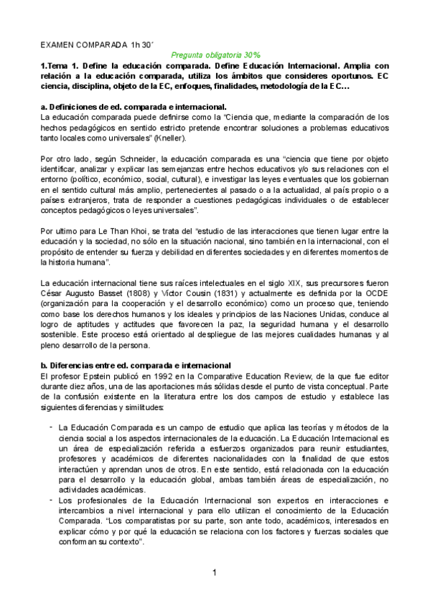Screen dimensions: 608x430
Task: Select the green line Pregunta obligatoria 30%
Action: [215, 54]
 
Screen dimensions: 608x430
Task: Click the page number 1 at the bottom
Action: [215, 572]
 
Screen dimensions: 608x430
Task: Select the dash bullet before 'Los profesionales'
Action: [50, 498]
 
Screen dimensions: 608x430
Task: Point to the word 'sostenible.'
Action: [60, 334]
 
